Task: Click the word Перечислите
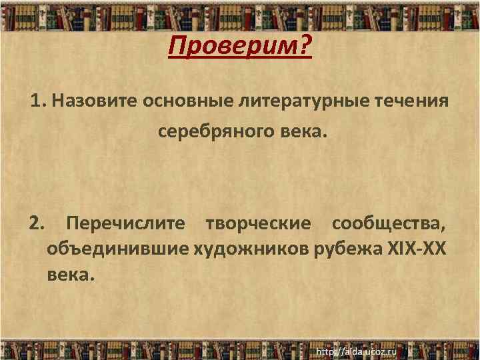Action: (126, 223)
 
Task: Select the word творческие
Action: (258, 223)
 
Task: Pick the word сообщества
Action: (389, 223)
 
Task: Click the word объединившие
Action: (118, 249)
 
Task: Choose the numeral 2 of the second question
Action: (35, 223)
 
